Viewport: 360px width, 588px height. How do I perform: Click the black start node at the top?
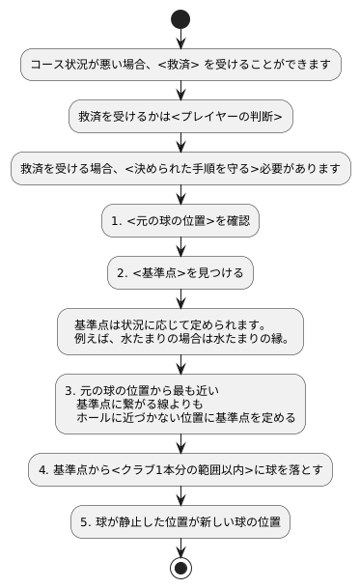coord(180,18)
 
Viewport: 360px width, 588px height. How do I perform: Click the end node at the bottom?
coord(180,567)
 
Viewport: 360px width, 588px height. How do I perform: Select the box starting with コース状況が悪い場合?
coord(180,65)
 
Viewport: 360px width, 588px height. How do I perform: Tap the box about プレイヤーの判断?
coord(180,117)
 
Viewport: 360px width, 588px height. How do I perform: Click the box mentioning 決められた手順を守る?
coord(180,169)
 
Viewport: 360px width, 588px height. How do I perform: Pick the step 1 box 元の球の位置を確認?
coord(180,221)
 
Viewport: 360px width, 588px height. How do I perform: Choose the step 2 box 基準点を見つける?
coord(180,273)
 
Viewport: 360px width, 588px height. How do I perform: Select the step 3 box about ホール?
coord(180,404)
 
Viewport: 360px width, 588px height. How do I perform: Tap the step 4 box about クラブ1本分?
coord(180,470)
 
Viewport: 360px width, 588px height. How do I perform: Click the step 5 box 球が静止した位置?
coord(180,522)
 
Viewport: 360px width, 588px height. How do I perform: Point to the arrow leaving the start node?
coord(180,39)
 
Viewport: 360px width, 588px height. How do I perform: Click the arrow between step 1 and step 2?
coord(180,247)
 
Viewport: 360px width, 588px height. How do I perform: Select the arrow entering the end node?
coord(180,546)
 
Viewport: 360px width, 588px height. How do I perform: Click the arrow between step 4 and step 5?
coord(180,496)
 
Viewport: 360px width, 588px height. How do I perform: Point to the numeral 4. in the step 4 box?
coord(43,470)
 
